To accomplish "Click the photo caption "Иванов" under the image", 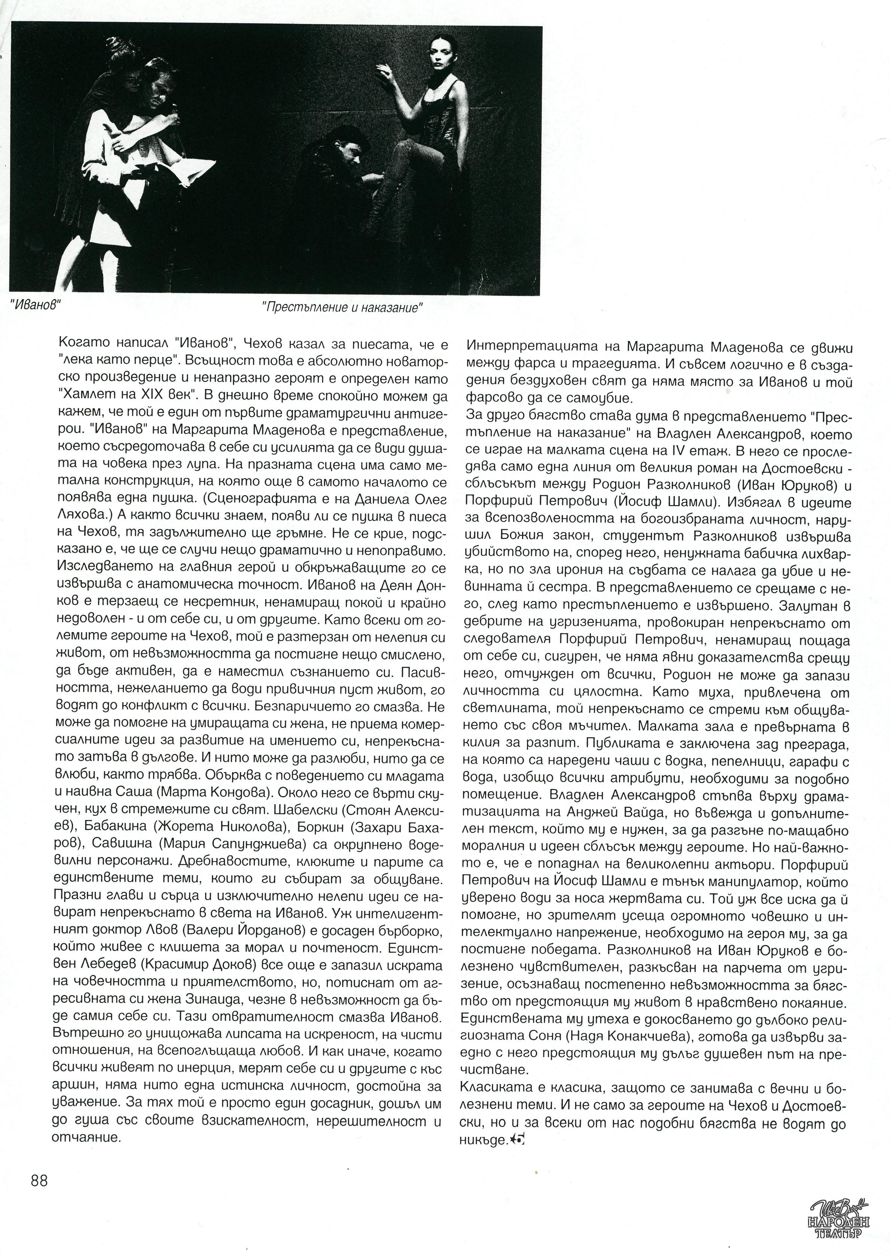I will (36, 305).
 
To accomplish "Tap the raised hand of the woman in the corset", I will (384, 71).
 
